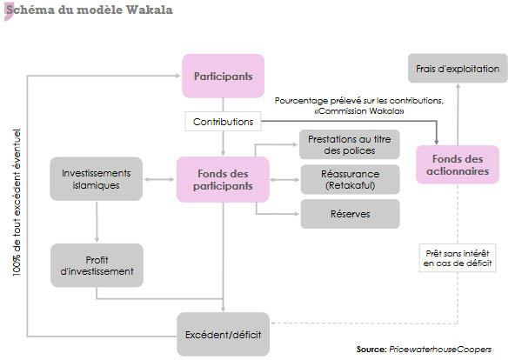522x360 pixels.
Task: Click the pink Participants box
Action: [223, 77]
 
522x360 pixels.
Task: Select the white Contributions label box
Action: [223, 123]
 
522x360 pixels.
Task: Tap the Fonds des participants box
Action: [223, 179]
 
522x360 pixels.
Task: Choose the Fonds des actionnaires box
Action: [458, 165]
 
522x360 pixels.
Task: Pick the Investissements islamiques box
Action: [97, 179]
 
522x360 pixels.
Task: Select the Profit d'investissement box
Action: [97, 264]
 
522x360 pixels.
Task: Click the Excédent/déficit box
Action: [224, 334]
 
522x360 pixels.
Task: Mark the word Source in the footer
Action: [371, 348]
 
